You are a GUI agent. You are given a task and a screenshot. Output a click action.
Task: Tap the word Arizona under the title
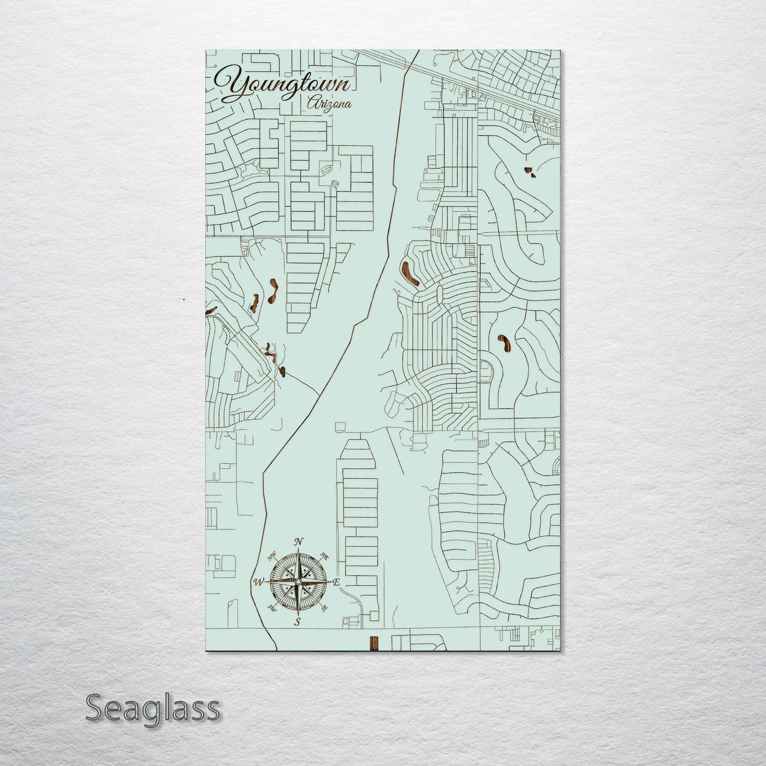click(329, 104)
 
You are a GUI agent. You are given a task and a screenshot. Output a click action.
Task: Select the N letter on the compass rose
click(298, 542)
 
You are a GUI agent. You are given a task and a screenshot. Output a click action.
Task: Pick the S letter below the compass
click(298, 622)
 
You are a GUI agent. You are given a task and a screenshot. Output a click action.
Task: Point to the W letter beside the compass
click(259, 582)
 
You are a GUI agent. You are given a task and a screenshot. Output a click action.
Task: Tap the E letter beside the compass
click(336, 582)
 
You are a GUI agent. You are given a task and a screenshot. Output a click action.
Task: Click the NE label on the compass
click(325, 557)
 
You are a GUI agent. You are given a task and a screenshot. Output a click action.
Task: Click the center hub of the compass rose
click(298, 582)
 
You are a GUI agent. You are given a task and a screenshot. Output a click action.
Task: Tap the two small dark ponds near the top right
click(529, 171)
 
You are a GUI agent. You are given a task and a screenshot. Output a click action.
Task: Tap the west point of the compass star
click(268, 582)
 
